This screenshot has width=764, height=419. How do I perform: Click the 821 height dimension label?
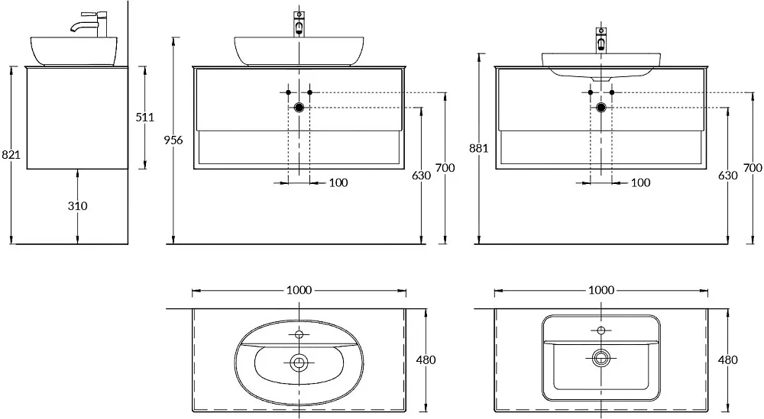(11, 155)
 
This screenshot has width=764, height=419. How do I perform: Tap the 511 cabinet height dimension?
(144, 118)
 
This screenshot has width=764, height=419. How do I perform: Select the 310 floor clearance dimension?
(77, 206)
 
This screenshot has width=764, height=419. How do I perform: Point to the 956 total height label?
(173, 140)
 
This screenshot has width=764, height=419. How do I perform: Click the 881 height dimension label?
(478, 148)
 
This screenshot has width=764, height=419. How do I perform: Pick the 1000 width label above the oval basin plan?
(299, 290)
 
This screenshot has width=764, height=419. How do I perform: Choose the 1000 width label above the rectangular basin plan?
(601, 290)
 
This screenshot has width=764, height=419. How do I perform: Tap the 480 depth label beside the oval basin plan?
(426, 360)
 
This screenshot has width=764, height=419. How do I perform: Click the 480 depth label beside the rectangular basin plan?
(728, 360)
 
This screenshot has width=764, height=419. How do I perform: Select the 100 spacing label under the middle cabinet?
(338, 183)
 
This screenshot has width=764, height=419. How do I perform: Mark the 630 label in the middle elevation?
(422, 176)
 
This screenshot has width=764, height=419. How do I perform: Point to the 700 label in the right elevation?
(753, 168)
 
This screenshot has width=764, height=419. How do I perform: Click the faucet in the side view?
(90, 24)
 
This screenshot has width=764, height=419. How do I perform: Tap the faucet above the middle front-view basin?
(299, 24)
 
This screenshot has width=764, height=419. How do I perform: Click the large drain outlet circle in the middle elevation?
(299, 108)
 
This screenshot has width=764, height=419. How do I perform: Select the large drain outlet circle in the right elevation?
(601, 108)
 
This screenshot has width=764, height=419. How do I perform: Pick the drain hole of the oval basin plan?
(299, 362)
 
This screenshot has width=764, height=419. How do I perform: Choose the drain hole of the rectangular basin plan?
(601, 358)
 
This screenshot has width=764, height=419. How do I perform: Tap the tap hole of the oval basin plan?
(299, 334)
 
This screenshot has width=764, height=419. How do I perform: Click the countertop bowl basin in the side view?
(75, 51)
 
